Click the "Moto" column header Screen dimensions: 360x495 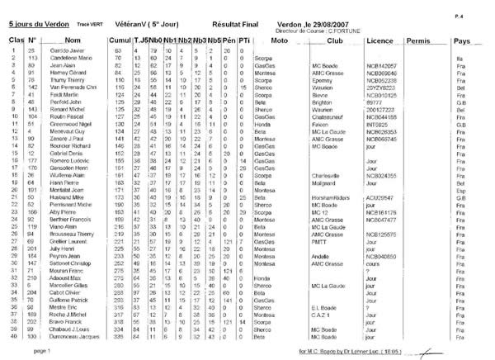278,40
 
